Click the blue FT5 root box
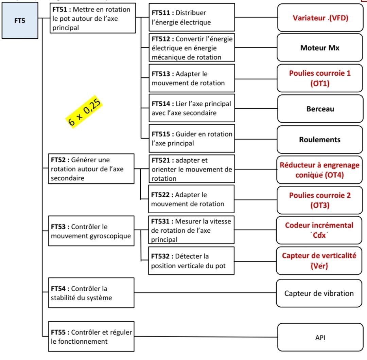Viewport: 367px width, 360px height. pyautogui.click(x=20, y=21)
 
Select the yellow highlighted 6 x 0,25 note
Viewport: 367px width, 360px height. pyautogui.click(x=84, y=112)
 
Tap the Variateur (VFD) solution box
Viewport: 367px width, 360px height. pyautogui.click(x=320, y=18)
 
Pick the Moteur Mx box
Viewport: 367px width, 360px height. pyautogui.click(x=320, y=48)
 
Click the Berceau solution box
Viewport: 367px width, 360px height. pyautogui.click(x=320, y=109)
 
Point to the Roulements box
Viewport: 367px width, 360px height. pyautogui.click(x=320, y=140)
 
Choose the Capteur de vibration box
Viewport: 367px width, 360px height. pyautogui.click(x=319, y=293)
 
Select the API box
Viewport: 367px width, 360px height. pyautogui.click(x=320, y=337)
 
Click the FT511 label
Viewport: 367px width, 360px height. pyautogui.click(x=160, y=13)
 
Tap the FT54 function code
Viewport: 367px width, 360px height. pyautogui.click(x=58, y=289)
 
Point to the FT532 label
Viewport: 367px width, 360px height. pyautogui.click(x=160, y=256)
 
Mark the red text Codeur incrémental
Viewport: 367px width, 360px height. pyautogui.click(x=319, y=225)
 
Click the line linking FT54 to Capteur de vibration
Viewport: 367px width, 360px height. pyautogui.click(x=205, y=293)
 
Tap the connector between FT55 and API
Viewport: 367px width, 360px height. pyautogui.click(x=206, y=337)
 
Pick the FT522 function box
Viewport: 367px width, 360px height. pyautogui.click(x=191, y=199)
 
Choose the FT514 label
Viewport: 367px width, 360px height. pyautogui.click(x=160, y=104)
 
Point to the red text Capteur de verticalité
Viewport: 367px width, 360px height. pyautogui.click(x=319, y=255)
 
